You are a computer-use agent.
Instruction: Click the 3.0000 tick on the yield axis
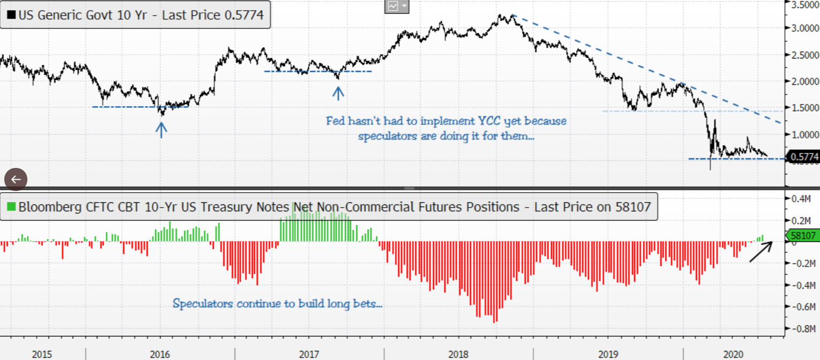click(x=804, y=28)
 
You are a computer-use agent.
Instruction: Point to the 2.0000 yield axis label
click(x=804, y=81)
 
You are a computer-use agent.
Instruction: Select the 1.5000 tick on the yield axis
click(x=804, y=108)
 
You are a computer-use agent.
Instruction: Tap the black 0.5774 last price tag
click(x=803, y=157)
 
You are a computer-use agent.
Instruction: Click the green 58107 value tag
click(x=802, y=235)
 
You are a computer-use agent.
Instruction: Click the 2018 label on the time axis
click(x=459, y=354)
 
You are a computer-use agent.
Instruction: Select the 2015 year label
click(x=42, y=354)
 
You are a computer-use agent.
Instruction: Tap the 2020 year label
click(x=733, y=354)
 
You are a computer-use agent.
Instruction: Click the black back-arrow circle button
click(x=16, y=179)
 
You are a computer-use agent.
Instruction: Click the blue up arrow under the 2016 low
click(x=161, y=129)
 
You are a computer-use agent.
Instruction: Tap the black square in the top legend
click(x=11, y=15)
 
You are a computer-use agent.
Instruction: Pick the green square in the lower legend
click(x=11, y=207)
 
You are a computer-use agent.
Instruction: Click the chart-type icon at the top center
click(x=393, y=6)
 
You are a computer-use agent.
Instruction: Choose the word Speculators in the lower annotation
click(x=203, y=304)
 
